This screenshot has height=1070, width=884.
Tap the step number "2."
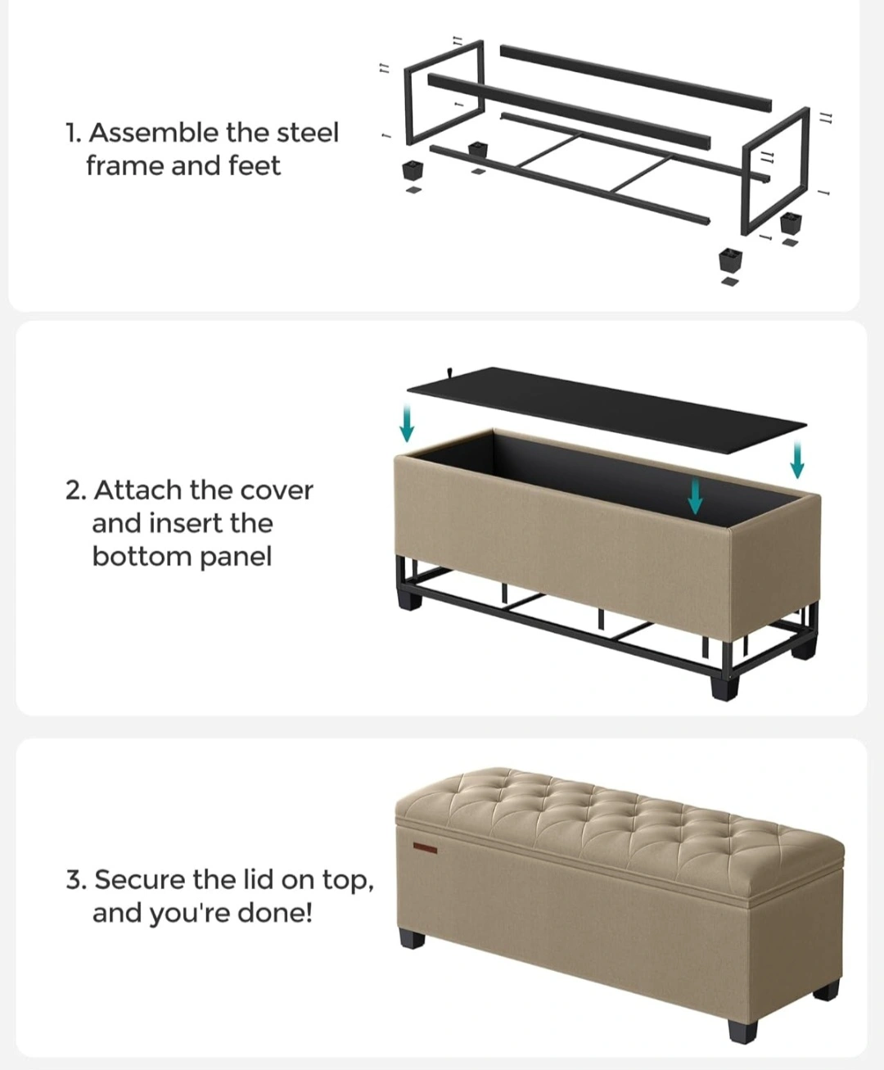76,491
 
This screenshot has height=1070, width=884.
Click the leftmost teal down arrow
407,422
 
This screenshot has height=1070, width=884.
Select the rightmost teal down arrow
797,459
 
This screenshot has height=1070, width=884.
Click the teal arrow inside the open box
695,496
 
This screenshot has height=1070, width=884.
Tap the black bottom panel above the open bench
607,410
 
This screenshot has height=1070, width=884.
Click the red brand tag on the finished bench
426,849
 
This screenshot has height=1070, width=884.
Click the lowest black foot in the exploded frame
730,260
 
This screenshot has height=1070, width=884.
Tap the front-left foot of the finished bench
413,941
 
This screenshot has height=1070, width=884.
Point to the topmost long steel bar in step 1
635,78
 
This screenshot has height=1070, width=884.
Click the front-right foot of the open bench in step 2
726,688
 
